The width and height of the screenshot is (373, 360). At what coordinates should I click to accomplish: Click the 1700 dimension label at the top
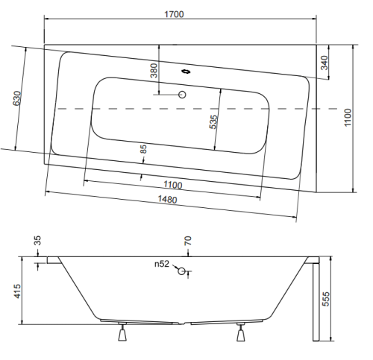174,14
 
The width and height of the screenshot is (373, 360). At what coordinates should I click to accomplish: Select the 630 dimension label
17,98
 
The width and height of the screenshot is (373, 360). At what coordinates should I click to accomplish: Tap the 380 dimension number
154,71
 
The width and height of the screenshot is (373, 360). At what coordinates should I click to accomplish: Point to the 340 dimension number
324,63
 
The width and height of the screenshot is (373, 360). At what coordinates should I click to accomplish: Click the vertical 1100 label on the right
348,118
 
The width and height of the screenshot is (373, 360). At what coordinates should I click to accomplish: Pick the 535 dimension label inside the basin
213,122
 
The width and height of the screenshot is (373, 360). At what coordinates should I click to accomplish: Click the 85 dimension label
143,149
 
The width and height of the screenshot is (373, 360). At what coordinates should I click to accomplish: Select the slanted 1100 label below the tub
173,185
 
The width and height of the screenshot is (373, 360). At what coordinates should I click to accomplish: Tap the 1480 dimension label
168,199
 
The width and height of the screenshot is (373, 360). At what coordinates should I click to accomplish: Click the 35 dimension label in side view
37,241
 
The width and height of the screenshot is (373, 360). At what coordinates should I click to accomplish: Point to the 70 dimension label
188,241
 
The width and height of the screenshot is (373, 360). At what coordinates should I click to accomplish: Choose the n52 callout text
162,264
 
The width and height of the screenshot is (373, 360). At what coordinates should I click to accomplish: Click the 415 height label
17,291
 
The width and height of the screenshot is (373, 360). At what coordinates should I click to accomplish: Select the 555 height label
326,299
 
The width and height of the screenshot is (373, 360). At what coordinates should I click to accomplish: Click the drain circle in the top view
182,95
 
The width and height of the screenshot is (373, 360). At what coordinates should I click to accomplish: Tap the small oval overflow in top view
186,72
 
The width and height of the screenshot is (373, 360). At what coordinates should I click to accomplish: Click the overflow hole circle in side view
181,271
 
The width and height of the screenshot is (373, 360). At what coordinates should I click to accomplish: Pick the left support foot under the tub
122,332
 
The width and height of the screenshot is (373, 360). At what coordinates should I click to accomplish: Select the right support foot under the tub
240,332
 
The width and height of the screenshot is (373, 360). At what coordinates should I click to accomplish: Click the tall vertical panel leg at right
316,302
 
